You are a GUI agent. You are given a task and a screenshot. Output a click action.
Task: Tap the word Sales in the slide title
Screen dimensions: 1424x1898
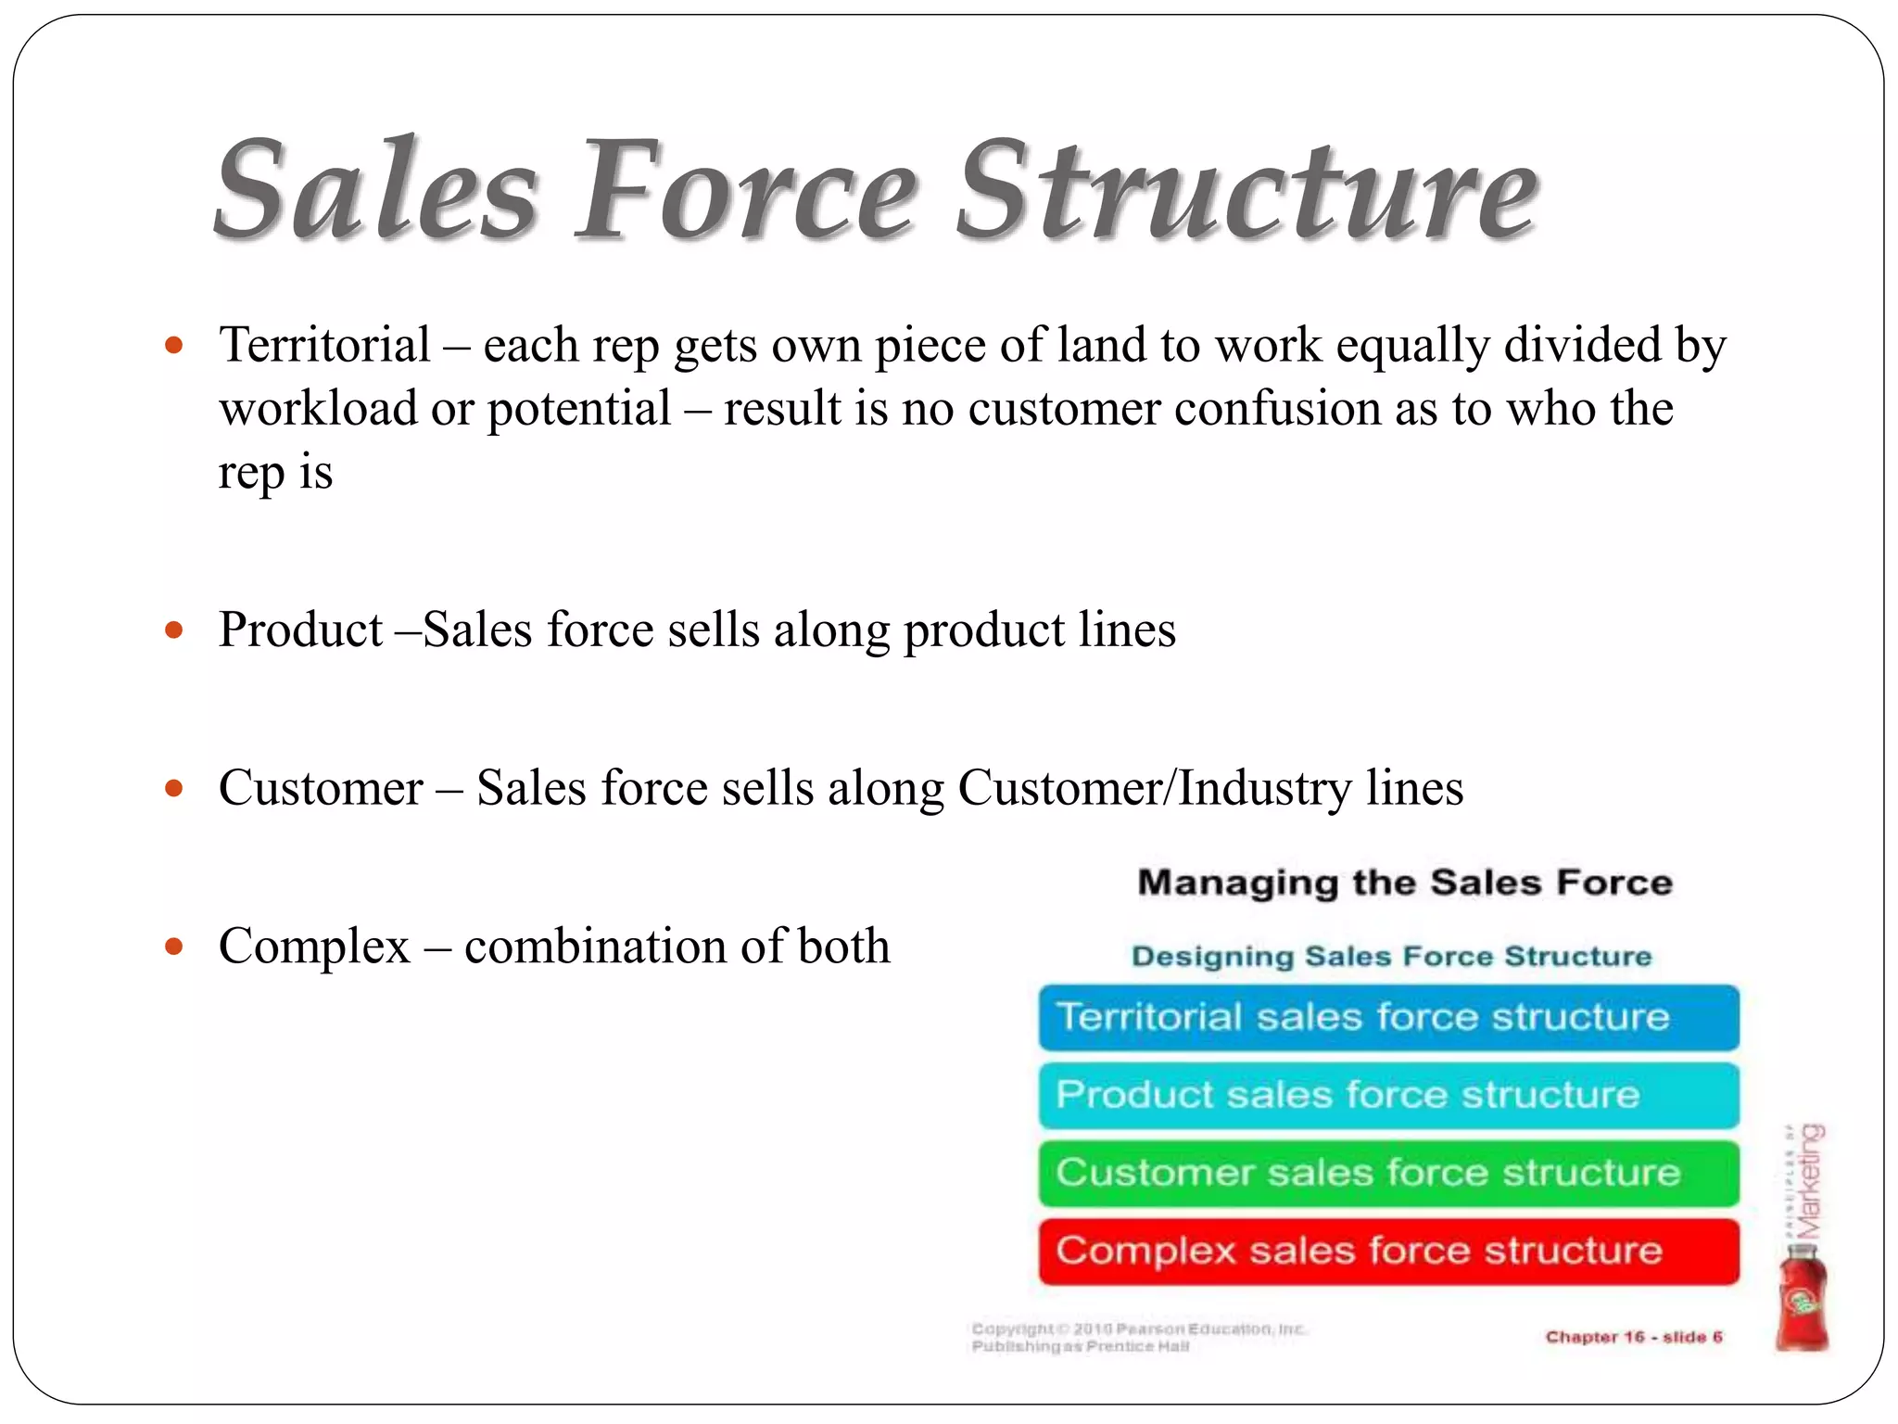coord(375,190)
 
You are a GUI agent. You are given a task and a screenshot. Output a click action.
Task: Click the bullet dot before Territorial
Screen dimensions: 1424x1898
coord(173,346)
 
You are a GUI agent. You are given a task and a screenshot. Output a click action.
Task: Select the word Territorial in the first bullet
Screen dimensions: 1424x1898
coord(324,345)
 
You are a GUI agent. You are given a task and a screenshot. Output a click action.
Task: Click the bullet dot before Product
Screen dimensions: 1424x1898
coord(173,631)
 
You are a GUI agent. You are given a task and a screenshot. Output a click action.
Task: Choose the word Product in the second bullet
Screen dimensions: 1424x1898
coord(300,630)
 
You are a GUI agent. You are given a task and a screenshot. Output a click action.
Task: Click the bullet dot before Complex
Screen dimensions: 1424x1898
coord(173,947)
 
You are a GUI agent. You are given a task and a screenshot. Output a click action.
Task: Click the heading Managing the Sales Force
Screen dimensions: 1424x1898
coord(1404,883)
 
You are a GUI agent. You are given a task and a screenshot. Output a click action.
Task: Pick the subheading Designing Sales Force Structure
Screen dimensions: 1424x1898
coord(1391,956)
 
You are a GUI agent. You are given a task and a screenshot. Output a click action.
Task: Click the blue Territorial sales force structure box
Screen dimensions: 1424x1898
coord(1388,1017)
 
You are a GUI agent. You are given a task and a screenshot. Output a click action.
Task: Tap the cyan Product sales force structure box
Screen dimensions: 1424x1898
coord(1388,1095)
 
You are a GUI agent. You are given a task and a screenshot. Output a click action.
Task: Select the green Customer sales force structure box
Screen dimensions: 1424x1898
coord(1388,1173)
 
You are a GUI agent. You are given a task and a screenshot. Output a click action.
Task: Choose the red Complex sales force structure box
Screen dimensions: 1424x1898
coord(1388,1251)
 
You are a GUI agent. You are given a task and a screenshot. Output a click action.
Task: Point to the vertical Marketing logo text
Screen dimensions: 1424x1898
coord(1809,1182)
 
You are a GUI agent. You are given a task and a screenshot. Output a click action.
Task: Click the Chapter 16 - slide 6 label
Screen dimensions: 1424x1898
coord(1633,1337)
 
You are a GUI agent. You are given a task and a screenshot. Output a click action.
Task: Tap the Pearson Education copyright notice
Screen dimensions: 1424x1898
coord(1138,1337)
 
